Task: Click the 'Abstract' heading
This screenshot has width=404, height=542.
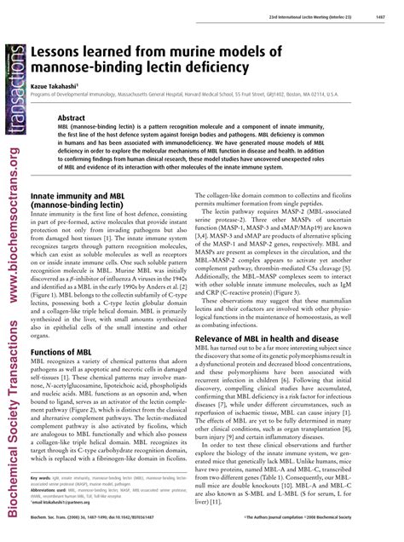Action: (74, 118)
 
